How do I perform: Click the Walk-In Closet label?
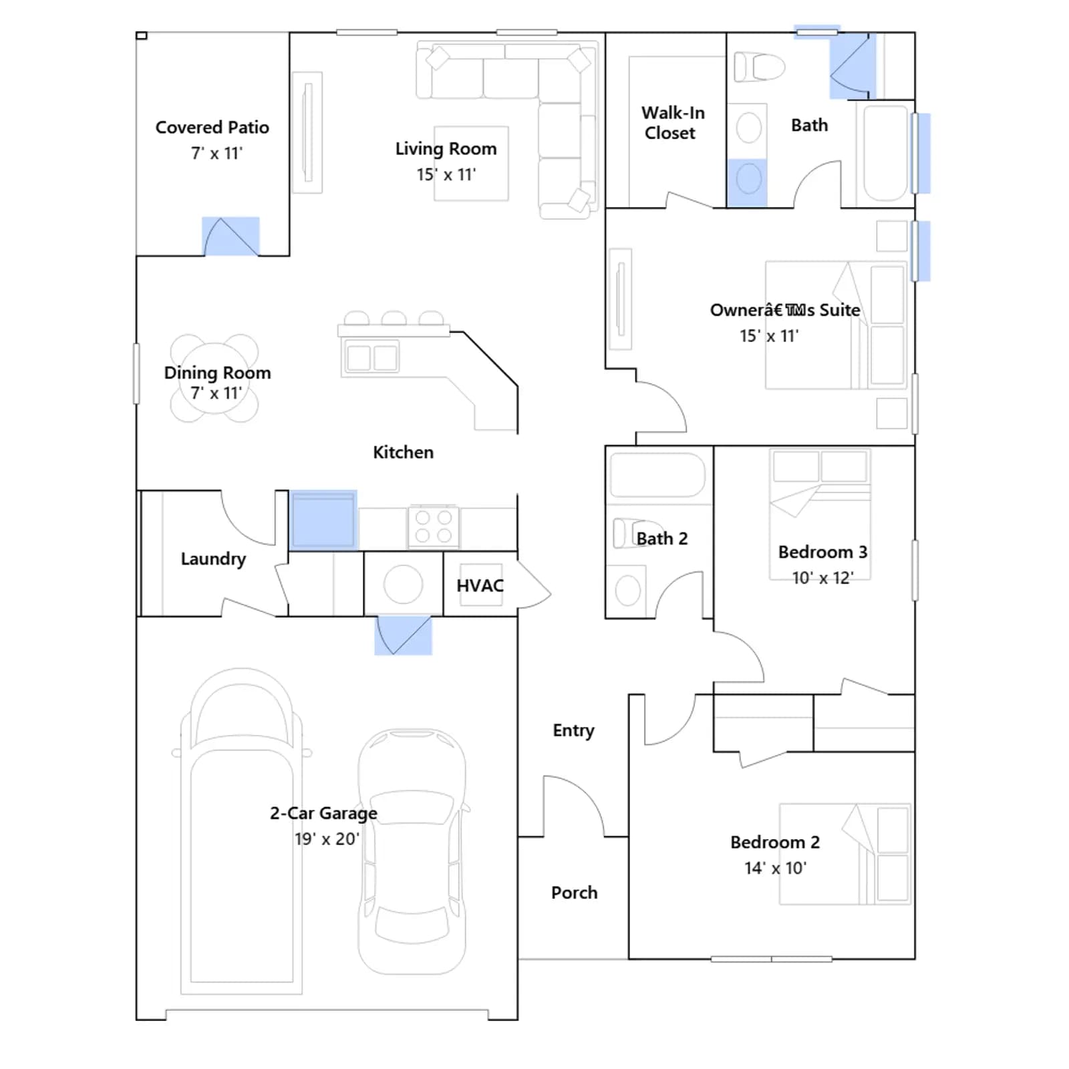point(673,123)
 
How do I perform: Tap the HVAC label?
point(480,586)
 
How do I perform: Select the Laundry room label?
point(213,559)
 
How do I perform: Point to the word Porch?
point(574,893)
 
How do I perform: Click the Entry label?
point(573,731)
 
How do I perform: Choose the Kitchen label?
point(403,452)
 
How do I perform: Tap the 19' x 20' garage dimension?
point(327,838)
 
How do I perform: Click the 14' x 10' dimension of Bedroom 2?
point(775,868)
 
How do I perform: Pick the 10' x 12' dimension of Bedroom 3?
point(822,578)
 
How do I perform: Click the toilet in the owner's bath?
point(759,67)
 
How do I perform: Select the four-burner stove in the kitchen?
point(434,526)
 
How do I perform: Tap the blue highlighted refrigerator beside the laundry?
point(323,520)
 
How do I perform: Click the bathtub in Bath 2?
point(657,475)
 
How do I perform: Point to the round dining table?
point(214,378)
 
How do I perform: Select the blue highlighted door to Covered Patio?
point(231,237)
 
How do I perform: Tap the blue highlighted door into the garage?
point(403,635)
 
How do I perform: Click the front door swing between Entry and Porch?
point(573,806)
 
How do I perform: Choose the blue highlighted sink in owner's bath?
point(748,182)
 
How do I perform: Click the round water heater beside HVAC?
point(403,584)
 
